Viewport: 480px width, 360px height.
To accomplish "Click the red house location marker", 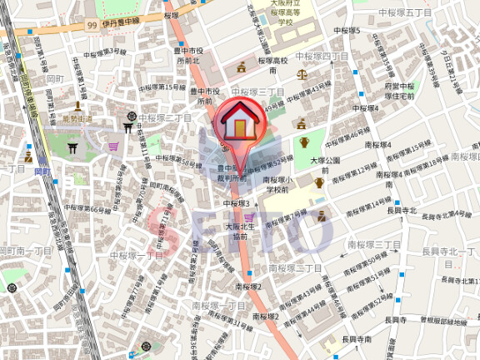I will (239, 122).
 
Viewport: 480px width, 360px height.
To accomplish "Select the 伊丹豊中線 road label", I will (121, 25).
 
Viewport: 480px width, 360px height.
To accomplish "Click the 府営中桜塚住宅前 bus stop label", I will (401, 91).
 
